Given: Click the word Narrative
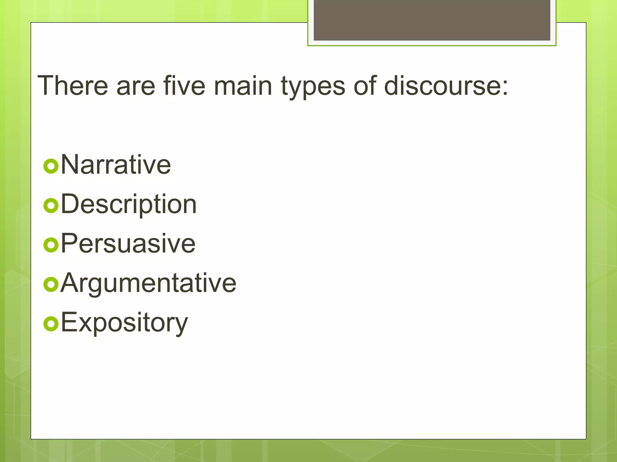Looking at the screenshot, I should coord(116,165).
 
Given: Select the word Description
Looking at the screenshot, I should coord(129,205).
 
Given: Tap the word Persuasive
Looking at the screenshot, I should coord(128,243).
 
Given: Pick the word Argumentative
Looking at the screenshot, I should coord(148,283).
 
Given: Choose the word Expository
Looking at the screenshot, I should coord(124,323).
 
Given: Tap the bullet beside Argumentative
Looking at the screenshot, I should coord(51,284).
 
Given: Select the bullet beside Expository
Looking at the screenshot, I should coord(51,324).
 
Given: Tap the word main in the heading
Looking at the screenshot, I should coord(243,86).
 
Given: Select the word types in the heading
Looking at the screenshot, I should coord(313,87).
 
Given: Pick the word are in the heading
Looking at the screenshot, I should coord(136,87).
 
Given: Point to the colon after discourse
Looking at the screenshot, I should coord(505,88).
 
